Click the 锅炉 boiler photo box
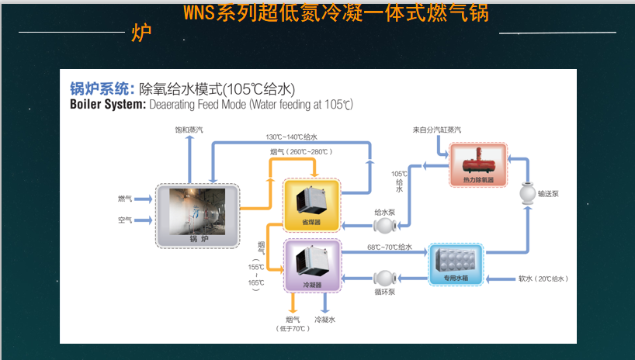click(x=198, y=215)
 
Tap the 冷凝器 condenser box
click(x=312, y=265)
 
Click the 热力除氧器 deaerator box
click(x=477, y=164)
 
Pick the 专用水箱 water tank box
click(x=456, y=263)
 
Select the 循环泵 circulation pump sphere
click(x=385, y=278)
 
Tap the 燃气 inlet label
click(x=125, y=199)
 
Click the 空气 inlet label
click(x=125, y=220)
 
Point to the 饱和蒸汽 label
click(x=189, y=129)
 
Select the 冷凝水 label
click(x=324, y=319)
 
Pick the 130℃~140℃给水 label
click(x=291, y=137)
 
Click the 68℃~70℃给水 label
click(x=389, y=247)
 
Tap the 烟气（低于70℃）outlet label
click(x=293, y=324)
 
